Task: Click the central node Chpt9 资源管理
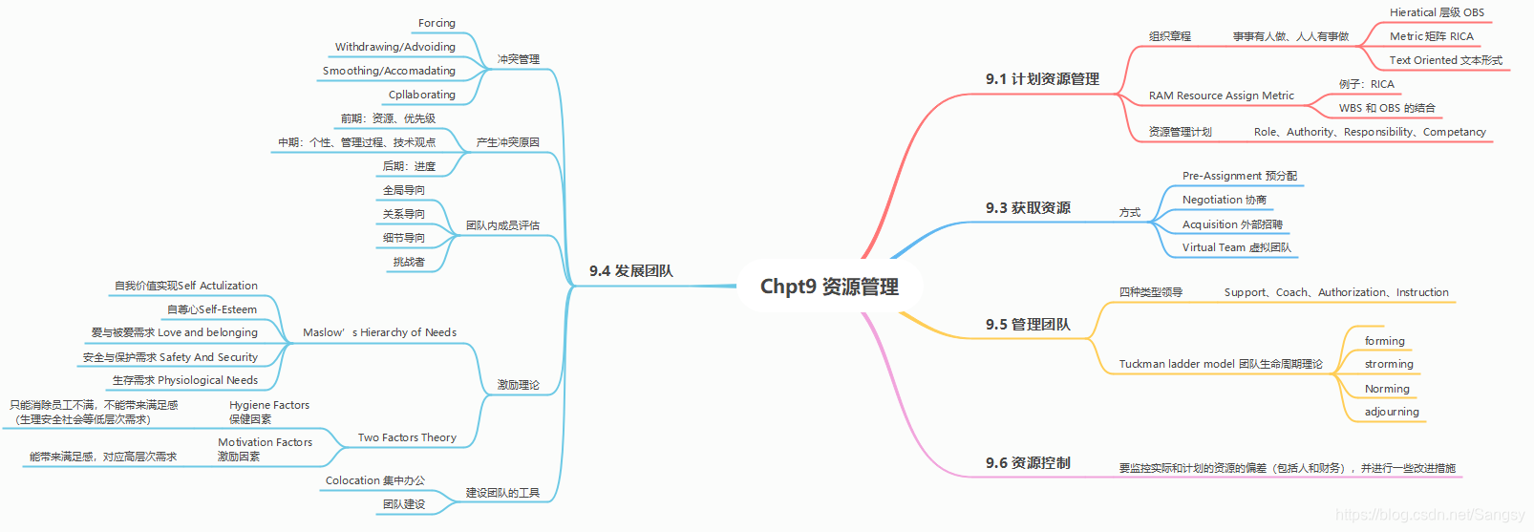tap(829, 287)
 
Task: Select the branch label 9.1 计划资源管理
tap(1042, 79)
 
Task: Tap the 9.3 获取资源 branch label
tap(1028, 208)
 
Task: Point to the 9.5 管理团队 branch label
tap(1028, 325)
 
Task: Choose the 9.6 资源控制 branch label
tap(1028, 463)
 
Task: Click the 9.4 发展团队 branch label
tap(630, 271)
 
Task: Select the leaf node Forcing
tap(437, 23)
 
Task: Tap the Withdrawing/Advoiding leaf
tap(394, 47)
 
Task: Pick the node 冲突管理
tap(518, 59)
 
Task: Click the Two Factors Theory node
tap(407, 437)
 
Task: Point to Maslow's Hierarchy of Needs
tap(379, 332)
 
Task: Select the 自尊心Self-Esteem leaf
tap(212, 309)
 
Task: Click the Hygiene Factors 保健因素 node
tap(268, 412)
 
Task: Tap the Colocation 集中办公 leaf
tap(374, 480)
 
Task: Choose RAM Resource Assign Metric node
tap(1221, 96)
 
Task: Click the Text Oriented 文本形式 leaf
tap(1445, 60)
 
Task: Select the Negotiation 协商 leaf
tap(1224, 200)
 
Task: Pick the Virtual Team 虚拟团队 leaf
tap(1236, 247)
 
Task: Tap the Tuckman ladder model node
tap(1221, 364)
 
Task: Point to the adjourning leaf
tap(1392, 412)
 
